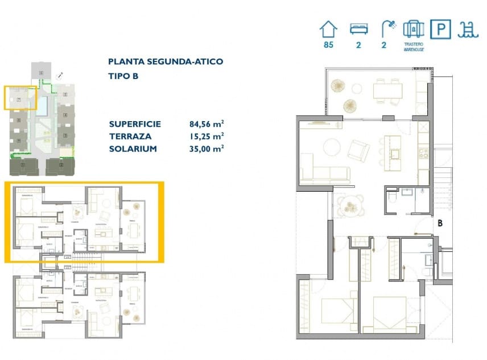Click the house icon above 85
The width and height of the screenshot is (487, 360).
click(328, 28)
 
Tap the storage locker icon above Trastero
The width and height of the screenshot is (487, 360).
click(414, 28)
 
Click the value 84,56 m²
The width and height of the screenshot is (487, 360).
click(206, 124)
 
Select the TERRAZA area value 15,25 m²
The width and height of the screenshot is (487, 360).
click(206, 136)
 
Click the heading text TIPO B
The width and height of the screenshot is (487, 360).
click(123, 76)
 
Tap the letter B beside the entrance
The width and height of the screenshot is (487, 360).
click(440, 224)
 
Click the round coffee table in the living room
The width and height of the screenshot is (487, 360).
click(331, 147)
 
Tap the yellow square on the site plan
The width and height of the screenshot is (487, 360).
click(20, 97)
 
